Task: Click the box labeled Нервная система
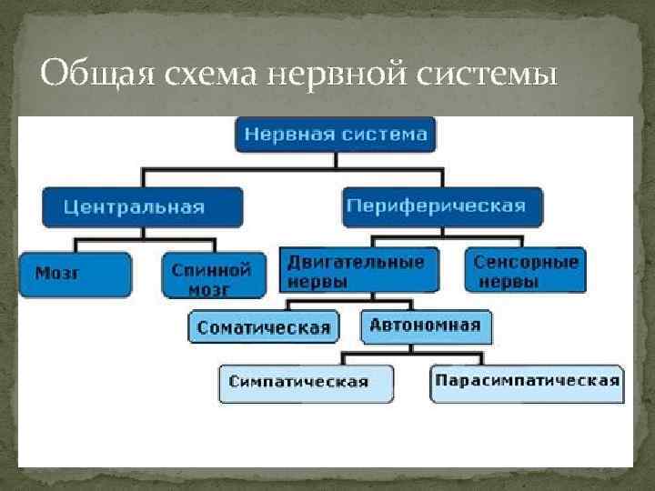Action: (337, 135)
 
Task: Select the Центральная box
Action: (142, 206)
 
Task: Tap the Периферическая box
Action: (442, 206)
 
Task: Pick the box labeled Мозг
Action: (75, 274)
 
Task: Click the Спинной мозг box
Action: (215, 276)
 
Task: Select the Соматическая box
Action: (264, 327)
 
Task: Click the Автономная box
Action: (425, 326)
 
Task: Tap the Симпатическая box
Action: (307, 382)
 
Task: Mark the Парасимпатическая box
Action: (526, 381)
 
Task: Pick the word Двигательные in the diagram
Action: (356, 262)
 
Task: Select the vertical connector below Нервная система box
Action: (337, 161)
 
